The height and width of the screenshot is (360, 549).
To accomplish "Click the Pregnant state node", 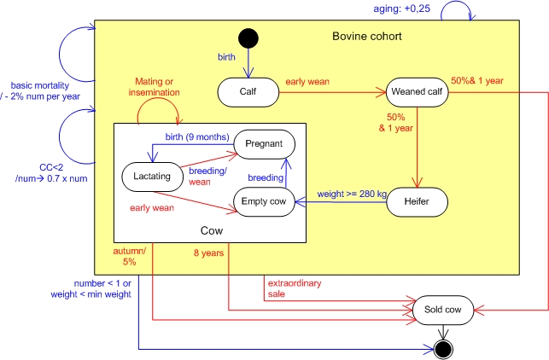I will tap(265, 142).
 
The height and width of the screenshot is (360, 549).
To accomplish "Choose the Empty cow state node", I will tap(265, 201).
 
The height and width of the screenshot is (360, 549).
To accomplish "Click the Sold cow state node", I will tap(443, 311).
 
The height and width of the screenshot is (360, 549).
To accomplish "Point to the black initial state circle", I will tap(248, 38).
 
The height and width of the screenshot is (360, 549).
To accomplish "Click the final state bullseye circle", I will tap(443, 349).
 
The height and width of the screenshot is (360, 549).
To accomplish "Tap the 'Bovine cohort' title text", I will tap(366, 38).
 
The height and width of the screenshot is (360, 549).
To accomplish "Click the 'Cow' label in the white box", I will tap(211, 230).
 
